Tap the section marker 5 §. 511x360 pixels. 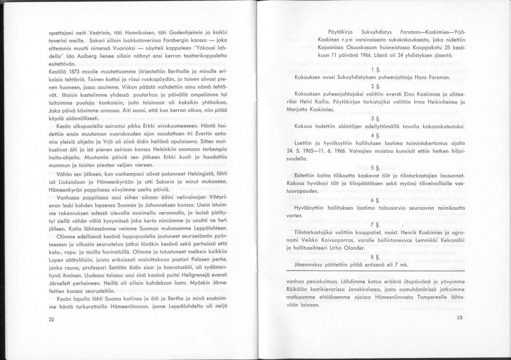point(375,167)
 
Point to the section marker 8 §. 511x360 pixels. point(375,257)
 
